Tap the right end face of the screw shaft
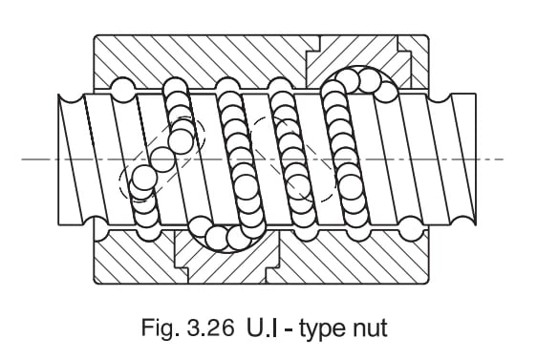coord(472,159)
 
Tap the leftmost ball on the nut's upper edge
coord(122,89)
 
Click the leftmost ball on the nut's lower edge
coord(98,227)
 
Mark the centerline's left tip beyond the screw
coord(27,159)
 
